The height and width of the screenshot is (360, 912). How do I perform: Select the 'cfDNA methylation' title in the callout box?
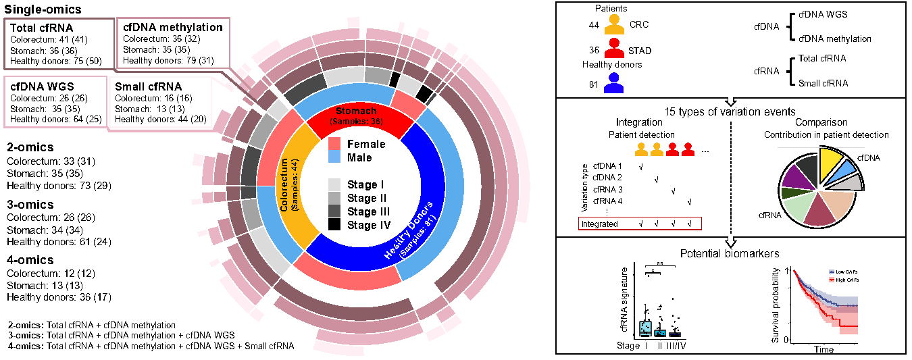click(172, 28)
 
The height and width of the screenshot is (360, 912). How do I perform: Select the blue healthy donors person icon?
click(613, 83)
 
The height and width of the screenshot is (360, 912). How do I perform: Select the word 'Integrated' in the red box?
click(600, 224)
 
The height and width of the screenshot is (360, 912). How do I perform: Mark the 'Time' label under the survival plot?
click(824, 349)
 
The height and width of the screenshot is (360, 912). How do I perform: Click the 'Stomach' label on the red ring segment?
click(355, 111)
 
